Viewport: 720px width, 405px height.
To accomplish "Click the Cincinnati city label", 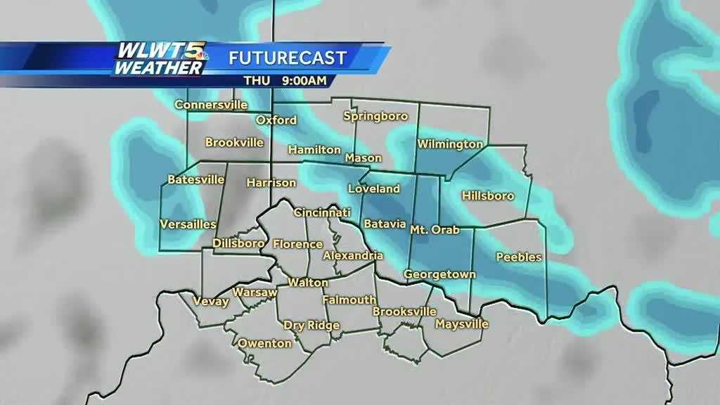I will pos(322,212).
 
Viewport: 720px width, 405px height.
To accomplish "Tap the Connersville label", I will pos(211,105).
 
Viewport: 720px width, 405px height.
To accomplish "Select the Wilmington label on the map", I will pos(450,144).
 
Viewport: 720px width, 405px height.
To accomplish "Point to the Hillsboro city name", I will pos(488,195).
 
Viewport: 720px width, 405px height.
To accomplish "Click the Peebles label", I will pos(519,257).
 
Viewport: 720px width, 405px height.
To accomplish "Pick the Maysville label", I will pos(461,324).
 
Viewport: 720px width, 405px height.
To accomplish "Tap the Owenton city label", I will pos(264,343).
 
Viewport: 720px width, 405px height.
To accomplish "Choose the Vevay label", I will pos(210,302).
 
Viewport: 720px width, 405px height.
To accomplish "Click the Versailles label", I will pos(188,224).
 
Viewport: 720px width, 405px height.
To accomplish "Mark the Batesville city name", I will pos(195,180).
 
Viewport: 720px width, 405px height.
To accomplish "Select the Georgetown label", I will pos(440,274).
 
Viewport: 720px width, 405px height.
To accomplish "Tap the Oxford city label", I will pos(276,120).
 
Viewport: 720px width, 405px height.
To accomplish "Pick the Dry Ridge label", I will pos(311,325).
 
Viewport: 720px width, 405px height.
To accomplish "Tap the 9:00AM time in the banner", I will pos(304,80).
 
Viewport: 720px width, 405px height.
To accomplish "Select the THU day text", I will pos(254,80).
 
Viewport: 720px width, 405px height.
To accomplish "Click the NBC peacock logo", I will pos(199,54).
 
